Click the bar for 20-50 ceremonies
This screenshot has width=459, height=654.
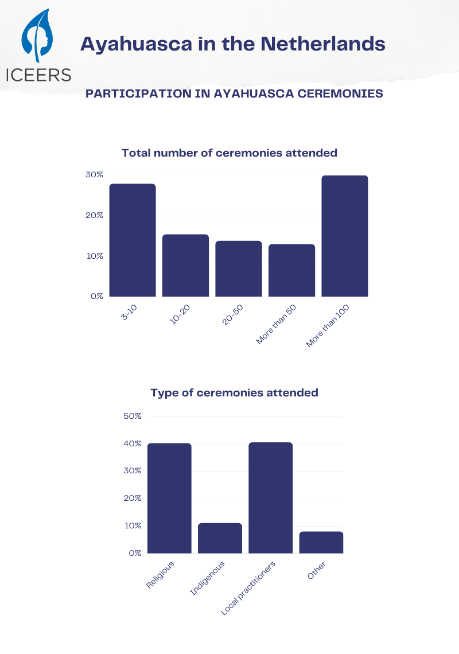click(x=239, y=268)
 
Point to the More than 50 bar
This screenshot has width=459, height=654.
click(x=291, y=270)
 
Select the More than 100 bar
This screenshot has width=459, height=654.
click(x=345, y=236)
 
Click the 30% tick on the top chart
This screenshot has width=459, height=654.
click(x=95, y=174)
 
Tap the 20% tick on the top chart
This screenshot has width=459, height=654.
click(x=95, y=215)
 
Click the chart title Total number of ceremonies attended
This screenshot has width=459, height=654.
click(x=229, y=153)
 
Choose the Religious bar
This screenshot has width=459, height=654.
click(x=169, y=498)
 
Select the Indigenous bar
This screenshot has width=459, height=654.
click(x=220, y=538)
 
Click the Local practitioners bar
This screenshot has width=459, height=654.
click(x=270, y=497)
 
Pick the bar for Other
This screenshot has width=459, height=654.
click(x=321, y=542)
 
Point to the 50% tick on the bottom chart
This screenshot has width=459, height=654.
click(x=133, y=415)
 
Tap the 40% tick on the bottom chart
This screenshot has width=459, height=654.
click(x=133, y=443)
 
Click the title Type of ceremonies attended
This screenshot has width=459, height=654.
click(x=234, y=393)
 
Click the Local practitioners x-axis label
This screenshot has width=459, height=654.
click(x=248, y=588)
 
